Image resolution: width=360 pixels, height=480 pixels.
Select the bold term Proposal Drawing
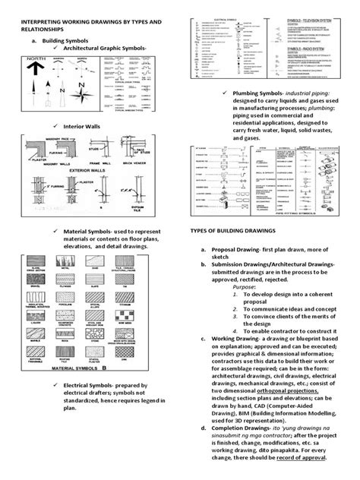tap(231, 249)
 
